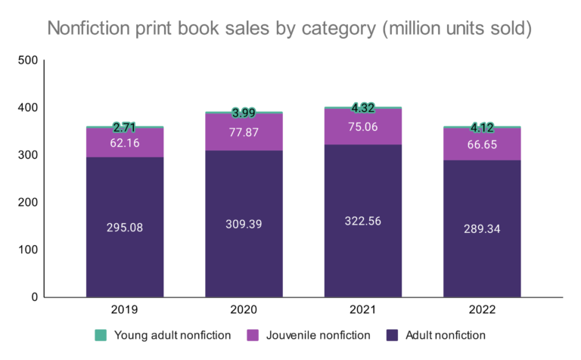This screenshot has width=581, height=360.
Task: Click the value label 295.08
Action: (125, 227)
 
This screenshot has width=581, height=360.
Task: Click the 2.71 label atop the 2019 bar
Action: (125, 127)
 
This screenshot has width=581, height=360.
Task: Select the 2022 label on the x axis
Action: (482, 309)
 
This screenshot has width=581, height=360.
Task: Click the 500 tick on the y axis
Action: (27, 61)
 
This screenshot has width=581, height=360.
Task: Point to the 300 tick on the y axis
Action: (27, 155)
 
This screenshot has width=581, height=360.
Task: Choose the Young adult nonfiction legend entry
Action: (163, 334)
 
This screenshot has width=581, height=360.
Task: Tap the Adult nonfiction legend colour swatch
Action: (392, 334)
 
